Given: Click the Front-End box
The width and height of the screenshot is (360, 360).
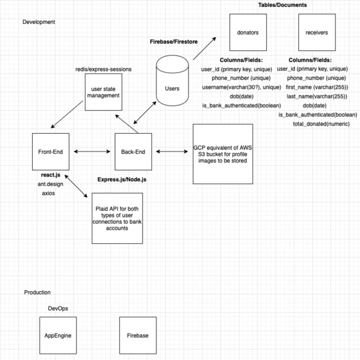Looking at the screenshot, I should pyautogui.click(x=51, y=151).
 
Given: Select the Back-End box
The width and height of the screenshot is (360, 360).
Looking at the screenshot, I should pyautogui.click(x=133, y=151).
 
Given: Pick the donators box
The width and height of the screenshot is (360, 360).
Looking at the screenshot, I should pyautogui.click(x=248, y=33).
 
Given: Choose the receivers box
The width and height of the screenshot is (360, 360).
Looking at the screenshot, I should pyautogui.click(x=317, y=33).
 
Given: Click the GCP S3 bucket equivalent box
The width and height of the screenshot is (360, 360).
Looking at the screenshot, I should pyautogui.click(x=223, y=153).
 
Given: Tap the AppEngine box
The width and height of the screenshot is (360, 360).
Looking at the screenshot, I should pyautogui.click(x=58, y=335).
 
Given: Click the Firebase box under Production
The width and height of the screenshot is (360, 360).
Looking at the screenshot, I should pyautogui.click(x=138, y=335).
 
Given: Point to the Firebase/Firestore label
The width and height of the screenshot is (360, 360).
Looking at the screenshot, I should pyautogui.click(x=173, y=42).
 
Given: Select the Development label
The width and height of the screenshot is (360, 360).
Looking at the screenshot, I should pyautogui.click(x=39, y=22).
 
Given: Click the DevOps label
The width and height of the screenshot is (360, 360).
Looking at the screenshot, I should pyautogui.click(x=58, y=308).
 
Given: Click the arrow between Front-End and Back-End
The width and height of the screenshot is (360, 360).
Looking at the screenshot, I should pyautogui.click(x=92, y=151).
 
